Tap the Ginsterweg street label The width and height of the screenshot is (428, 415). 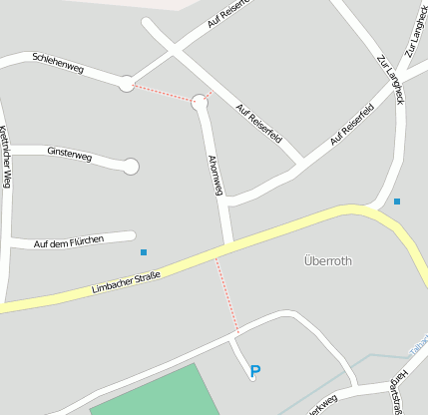[69, 154]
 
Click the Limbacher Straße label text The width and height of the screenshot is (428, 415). [126, 281]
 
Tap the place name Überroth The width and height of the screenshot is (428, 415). [327, 260]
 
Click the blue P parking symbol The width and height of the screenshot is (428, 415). [255, 371]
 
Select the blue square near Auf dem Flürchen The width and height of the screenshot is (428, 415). [144, 251]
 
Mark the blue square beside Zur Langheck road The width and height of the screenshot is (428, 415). [397, 202]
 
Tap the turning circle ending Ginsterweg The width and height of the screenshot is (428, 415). [131, 167]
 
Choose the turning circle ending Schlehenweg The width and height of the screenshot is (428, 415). [127, 84]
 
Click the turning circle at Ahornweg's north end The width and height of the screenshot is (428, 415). [200, 101]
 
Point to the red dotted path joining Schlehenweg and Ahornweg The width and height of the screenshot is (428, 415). [163, 93]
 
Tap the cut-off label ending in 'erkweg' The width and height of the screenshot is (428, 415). [322, 404]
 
